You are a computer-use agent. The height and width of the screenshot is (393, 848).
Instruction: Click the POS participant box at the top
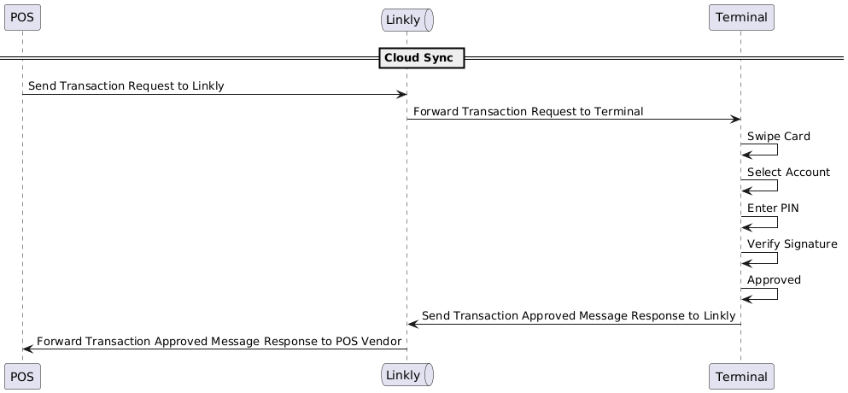(x=22, y=17)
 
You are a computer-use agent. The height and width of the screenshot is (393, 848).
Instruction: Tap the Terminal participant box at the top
(x=740, y=17)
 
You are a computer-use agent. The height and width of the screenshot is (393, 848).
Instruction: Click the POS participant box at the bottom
(x=22, y=376)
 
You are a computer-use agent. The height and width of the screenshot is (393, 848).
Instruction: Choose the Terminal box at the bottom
(x=740, y=376)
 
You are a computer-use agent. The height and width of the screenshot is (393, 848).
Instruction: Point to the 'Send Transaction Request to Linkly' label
(x=126, y=86)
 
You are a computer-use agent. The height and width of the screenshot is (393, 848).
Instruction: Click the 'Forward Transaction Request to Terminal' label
(x=528, y=112)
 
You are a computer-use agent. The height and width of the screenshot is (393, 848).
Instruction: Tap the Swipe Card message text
(x=778, y=137)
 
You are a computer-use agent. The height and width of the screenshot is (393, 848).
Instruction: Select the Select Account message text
(x=788, y=173)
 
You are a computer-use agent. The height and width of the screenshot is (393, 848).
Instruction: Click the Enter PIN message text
(x=773, y=208)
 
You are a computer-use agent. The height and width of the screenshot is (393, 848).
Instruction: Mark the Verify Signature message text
(x=792, y=244)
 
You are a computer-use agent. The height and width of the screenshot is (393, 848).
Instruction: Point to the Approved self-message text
(x=774, y=280)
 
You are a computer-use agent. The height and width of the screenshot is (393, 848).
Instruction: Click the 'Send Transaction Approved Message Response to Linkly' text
(x=578, y=316)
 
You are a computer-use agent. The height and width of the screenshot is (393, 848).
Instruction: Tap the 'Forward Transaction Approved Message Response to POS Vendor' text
(x=219, y=342)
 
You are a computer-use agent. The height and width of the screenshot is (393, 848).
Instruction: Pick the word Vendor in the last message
(x=381, y=342)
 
